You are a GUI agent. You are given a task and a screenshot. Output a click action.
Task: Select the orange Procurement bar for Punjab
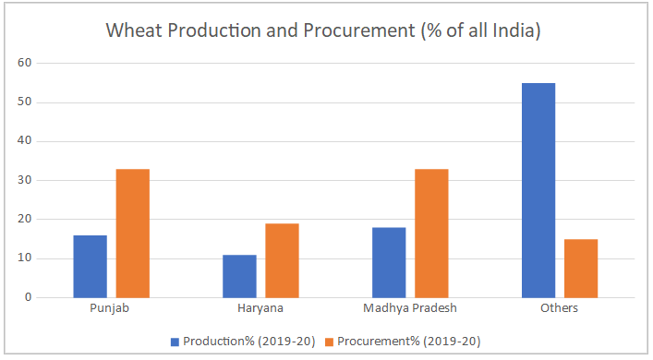pos(132,233)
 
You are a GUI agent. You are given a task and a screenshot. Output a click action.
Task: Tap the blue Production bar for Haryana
pos(239,276)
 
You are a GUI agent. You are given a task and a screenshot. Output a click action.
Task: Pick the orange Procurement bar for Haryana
pos(282,260)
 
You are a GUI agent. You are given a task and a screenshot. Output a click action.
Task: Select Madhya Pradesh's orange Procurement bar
pos(431,233)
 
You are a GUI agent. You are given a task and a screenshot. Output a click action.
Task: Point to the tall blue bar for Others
pos(538,190)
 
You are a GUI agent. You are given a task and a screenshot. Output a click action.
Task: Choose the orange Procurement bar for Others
pos(581,268)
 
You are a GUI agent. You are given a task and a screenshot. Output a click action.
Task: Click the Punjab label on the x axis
pos(110,308)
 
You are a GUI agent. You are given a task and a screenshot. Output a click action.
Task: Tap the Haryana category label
pos(260,308)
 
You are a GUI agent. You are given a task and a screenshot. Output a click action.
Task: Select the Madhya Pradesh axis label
pos(410,308)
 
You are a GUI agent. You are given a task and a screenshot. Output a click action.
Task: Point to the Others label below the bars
pos(560,308)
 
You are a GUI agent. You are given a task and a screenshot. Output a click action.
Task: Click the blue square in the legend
pos(175,341)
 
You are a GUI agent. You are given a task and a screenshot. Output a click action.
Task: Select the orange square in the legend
pos(330,341)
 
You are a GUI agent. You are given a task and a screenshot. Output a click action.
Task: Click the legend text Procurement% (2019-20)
pos(408,341)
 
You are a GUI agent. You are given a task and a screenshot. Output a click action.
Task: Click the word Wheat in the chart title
pos(133,30)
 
